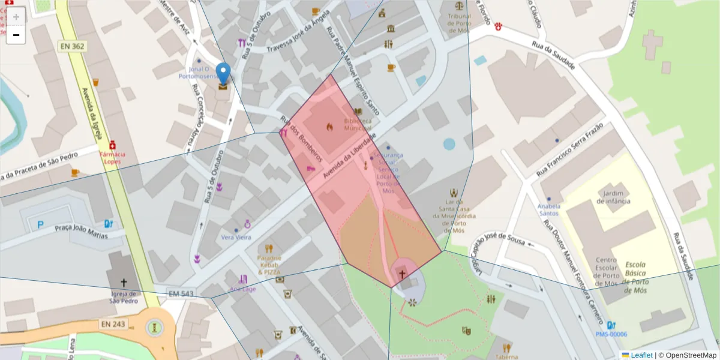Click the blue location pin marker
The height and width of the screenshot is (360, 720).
(223, 74)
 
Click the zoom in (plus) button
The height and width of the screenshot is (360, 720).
(16, 16)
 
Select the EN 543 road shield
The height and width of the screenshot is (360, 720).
(181, 293)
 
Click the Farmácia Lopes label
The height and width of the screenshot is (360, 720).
(112, 158)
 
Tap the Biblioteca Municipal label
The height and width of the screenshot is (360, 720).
(358, 124)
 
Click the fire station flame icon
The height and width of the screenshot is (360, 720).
(329, 127)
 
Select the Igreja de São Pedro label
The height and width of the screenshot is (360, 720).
(125, 298)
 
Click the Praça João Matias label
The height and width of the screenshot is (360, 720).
(82, 231)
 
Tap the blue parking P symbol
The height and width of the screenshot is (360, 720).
(41, 225)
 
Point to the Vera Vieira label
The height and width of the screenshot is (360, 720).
(236, 237)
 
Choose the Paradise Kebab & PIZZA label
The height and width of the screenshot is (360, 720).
(269, 265)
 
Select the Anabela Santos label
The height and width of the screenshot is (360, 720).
(548, 209)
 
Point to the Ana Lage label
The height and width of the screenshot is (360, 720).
(242, 289)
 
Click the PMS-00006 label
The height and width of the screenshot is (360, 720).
(611, 334)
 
